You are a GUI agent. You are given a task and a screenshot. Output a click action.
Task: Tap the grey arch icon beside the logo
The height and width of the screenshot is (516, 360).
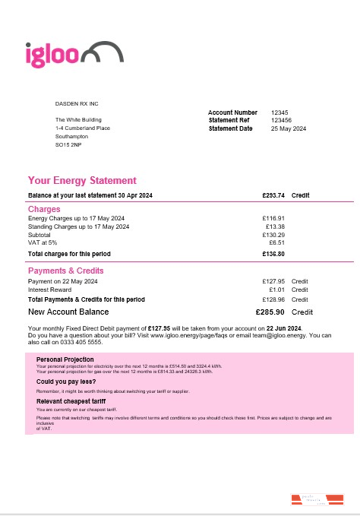point(103,52)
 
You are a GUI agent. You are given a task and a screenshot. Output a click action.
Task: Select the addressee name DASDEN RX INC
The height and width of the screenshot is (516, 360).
point(77,103)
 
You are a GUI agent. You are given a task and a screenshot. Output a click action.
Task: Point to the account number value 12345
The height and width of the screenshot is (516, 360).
point(279,112)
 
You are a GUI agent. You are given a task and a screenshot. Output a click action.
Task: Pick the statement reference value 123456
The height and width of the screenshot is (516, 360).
point(281,120)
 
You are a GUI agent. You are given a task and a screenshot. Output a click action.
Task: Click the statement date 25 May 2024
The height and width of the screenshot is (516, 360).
point(289,128)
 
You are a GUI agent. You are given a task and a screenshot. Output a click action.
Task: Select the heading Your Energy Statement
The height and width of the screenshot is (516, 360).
point(82,181)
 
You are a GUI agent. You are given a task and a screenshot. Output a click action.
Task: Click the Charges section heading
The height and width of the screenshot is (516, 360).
point(44,209)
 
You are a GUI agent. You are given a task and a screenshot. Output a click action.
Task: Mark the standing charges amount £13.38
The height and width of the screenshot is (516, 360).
point(275,226)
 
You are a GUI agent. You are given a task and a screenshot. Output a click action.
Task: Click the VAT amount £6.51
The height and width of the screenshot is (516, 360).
point(276,242)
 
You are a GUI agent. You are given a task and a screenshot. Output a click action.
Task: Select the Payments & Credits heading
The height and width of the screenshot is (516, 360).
point(66,271)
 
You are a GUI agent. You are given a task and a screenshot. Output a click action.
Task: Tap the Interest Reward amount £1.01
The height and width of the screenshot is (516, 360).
point(276,290)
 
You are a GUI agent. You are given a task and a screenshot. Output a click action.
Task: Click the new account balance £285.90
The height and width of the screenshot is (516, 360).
point(270,312)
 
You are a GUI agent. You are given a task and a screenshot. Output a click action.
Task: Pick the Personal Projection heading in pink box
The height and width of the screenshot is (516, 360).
point(65,359)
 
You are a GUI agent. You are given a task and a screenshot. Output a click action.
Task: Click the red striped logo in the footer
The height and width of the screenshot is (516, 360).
point(318,499)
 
